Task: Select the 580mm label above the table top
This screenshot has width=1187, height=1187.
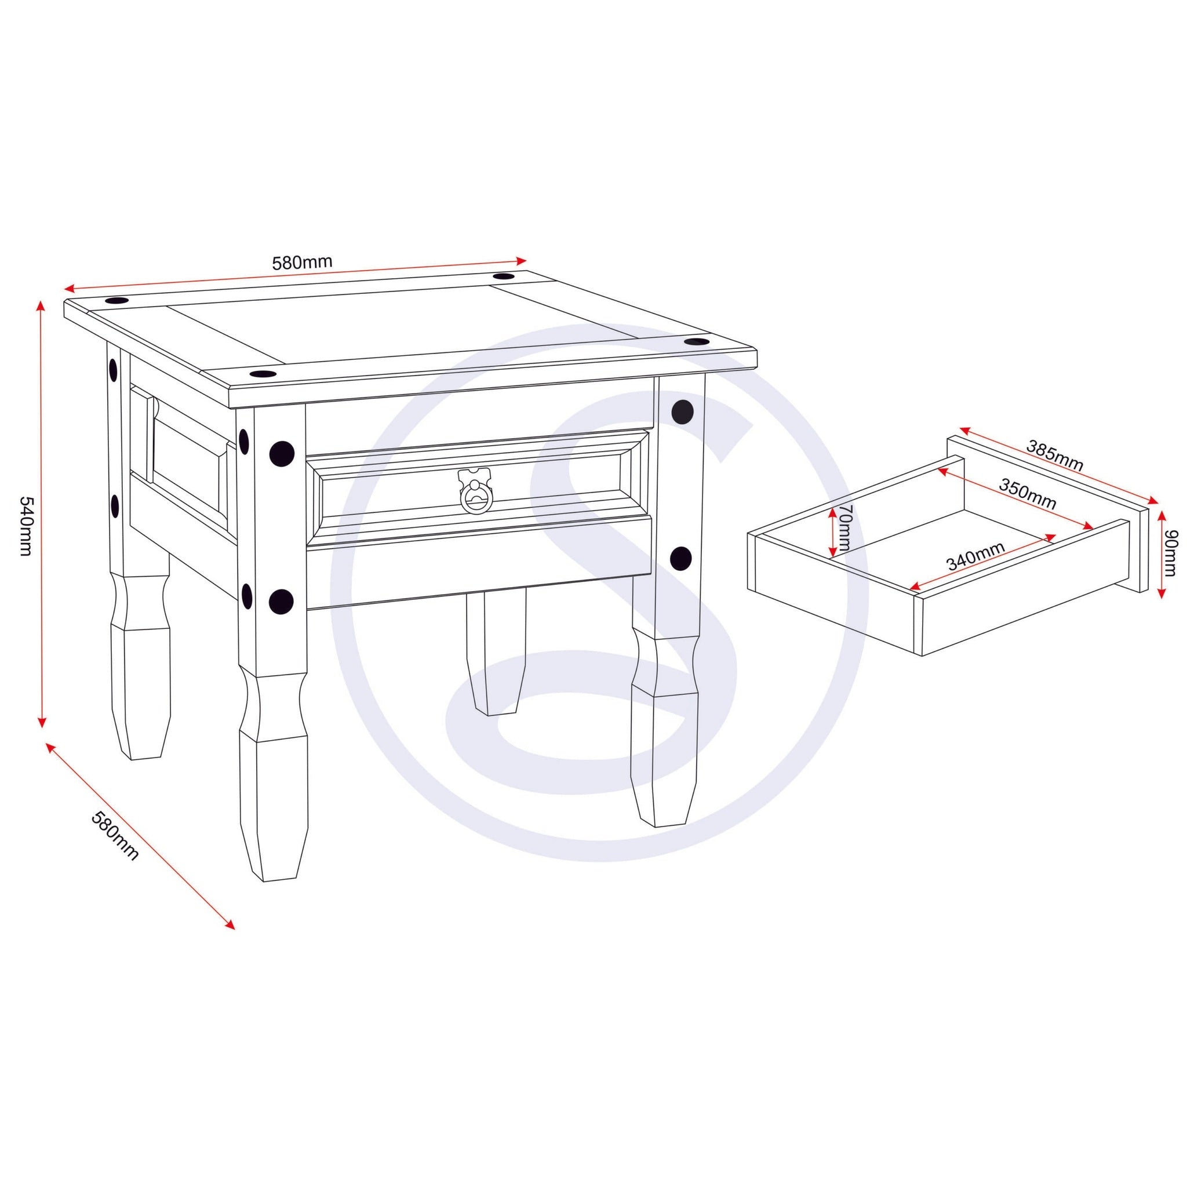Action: (303, 263)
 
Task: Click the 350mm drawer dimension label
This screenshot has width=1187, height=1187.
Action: (1027, 494)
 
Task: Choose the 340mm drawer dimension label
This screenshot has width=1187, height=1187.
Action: (975, 556)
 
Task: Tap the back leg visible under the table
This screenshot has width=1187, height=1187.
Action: (495, 653)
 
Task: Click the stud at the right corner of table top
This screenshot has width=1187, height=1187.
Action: (696, 341)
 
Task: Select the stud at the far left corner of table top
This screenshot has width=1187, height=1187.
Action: (116, 301)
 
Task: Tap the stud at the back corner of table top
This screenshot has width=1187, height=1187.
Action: (505, 277)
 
